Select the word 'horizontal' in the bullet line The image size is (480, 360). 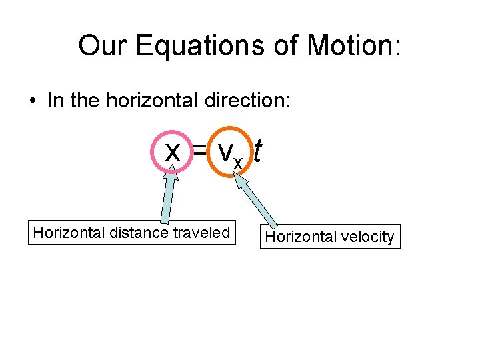point(157,101)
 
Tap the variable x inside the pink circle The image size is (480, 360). point(173,152)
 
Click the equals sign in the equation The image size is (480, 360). point(199,152)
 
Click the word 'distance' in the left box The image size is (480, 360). point(137,233)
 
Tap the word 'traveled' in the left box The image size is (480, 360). point(201,233)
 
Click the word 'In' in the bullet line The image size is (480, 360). point(55,101)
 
